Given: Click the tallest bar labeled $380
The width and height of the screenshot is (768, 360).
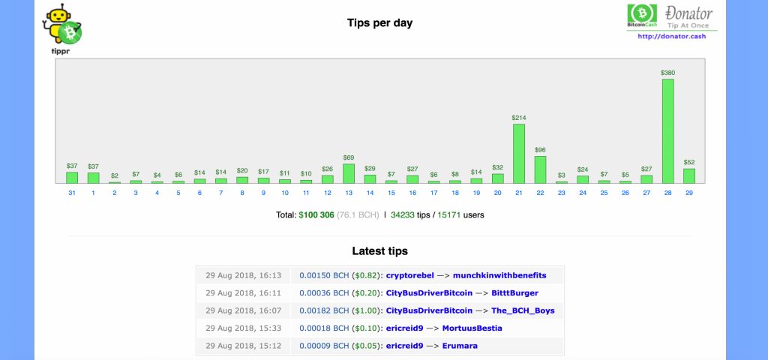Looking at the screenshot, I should [x=667, y=131].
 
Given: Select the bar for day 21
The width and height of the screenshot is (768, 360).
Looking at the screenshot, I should [x=518, y=154].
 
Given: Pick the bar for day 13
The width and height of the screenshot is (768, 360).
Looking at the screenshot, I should [x=348, y=173].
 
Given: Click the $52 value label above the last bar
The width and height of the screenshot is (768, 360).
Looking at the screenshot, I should [x=688, y=163].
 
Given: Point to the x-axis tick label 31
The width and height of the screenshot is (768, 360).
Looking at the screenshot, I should [x=72, y=193].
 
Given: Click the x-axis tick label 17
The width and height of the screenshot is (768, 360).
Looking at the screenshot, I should [x=433, y=193].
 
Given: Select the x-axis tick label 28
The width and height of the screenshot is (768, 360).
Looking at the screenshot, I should [x=667, y=193].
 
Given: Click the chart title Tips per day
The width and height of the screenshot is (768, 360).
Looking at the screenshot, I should [x=379, y=22].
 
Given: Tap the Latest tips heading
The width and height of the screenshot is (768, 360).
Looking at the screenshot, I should [x=379, y=251].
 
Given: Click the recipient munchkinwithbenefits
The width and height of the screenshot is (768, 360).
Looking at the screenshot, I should [x=499, y=275].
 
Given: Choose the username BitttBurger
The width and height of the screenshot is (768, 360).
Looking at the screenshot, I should [x=514, y=292].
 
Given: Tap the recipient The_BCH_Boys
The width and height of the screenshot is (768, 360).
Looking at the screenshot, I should [x=523, y=310].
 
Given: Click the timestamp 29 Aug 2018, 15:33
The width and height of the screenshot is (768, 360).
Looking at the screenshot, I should [x=243, y=328].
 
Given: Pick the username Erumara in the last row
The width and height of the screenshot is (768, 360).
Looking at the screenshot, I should [x=460, y=346].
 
